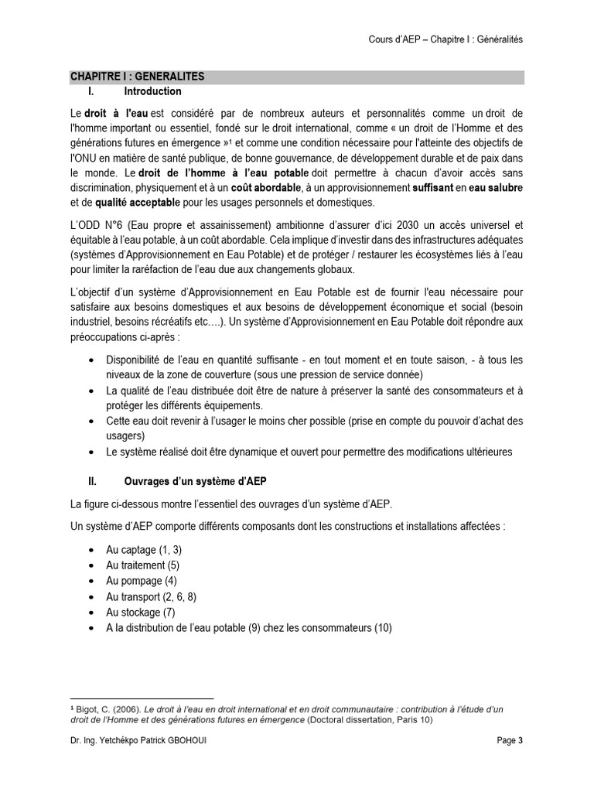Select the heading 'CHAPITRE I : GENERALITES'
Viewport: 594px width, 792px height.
click(137, 77)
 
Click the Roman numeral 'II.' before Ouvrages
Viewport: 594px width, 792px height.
click(92, 480)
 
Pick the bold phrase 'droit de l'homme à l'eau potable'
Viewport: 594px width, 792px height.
click(224, 172)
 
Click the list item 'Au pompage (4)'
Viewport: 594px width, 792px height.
click(142, 581)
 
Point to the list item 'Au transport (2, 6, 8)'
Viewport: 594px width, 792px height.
click(151, 597)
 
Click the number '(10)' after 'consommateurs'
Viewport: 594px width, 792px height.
click(383, 628)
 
